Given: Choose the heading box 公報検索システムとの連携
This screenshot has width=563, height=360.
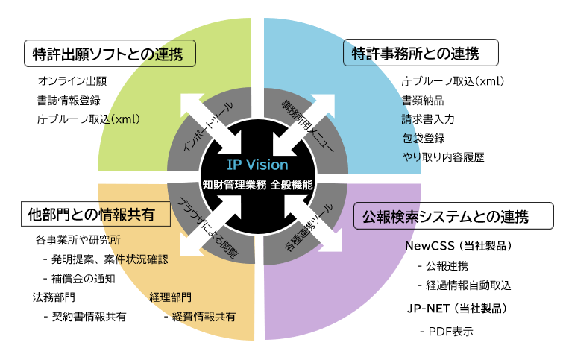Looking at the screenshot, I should coord(453,217).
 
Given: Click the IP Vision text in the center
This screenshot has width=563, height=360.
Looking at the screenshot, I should coord(257,165).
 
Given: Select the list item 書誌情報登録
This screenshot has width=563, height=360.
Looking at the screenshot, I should coord(69,100).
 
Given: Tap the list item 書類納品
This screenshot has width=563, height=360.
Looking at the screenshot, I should coord(423,100).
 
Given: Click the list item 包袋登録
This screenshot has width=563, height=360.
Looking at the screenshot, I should coord(423,138).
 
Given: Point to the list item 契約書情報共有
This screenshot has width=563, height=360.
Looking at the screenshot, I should coord(84,317).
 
